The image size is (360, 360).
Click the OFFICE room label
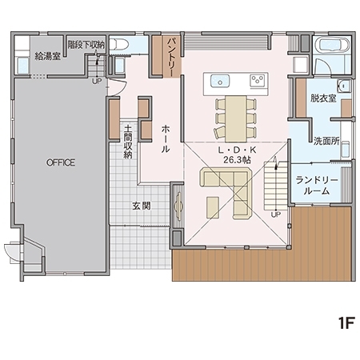61,162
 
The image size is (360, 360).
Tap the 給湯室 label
48,56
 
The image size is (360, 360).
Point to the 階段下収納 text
86,45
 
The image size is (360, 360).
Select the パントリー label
170,57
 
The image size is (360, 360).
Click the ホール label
166,139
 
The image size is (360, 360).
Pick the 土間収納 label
128,142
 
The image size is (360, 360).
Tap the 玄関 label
142,206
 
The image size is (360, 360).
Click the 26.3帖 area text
237,160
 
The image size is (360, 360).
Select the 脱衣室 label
323,98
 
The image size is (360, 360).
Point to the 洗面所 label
326,141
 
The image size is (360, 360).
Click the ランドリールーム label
317,186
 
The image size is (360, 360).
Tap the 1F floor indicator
346,323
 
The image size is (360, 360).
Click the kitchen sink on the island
220,81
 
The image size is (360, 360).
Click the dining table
236,119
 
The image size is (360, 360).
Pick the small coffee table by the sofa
213,207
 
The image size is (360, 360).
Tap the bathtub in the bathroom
331,45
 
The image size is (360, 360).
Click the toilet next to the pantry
119,44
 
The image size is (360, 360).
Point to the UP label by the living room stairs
275,214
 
